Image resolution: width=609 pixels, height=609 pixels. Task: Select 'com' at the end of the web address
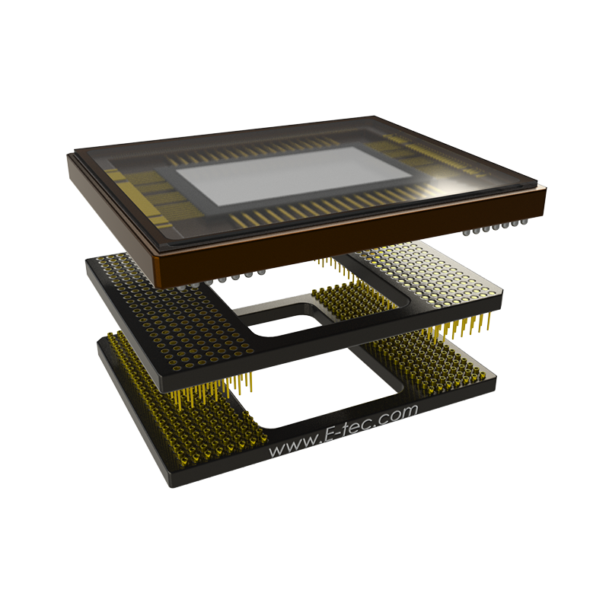(399, 413)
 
